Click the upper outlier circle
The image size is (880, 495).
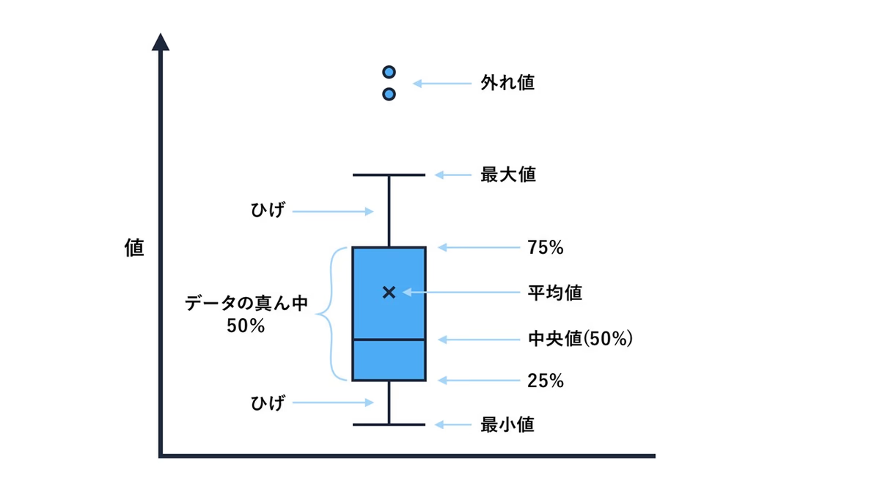point(389,72)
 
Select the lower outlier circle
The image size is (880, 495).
point(389,95)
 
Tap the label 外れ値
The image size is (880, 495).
point(507,83)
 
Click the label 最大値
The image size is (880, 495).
point(508,175)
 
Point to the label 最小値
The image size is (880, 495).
point(507,425)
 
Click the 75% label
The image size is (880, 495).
point(546,248)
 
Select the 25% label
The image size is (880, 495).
point(546,381)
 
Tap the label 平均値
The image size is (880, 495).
point(554,293)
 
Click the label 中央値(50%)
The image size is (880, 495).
point(580,339)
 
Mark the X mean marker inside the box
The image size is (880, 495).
point(389,293)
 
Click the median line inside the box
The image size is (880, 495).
point(389,339)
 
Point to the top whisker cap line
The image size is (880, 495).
point(389,175)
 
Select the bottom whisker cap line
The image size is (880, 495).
point(389,425)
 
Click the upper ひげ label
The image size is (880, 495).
point(268,210)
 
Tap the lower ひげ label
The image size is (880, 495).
point(268,403)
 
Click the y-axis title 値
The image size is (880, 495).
point(134,248)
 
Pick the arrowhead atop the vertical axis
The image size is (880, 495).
point(161,42)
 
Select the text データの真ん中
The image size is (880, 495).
point(246,304)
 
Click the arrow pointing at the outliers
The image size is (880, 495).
point(442,84)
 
